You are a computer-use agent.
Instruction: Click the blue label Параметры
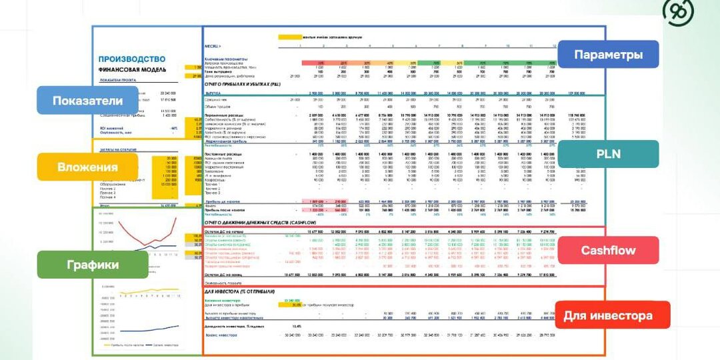pos(607,54)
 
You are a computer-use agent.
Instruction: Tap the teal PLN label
pos(607,154)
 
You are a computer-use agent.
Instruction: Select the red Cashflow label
pos(607,250)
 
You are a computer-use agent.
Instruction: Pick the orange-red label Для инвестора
pos(612,315)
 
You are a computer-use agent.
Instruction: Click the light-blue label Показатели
pos(88,100)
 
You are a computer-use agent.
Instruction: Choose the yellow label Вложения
pos(87,167)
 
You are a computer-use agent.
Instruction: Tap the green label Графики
pos(92,265)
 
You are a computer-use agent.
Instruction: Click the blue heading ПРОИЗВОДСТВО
pos(132,59)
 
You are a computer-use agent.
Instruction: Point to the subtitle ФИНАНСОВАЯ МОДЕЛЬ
pos(133,69)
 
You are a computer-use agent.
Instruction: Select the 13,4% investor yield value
pos(297,327)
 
